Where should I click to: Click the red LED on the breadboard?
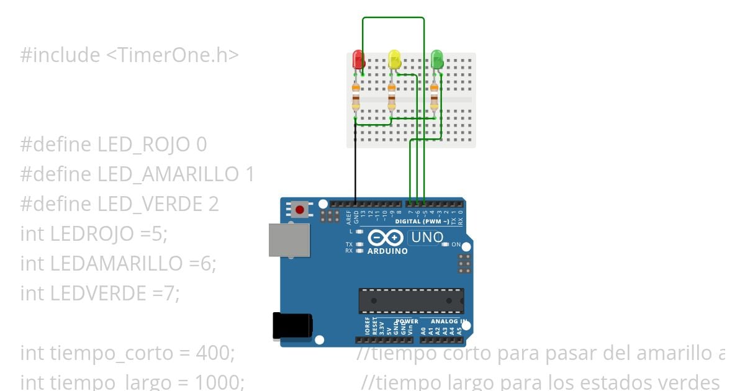click(x=358, y=60)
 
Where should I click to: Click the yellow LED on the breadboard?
click(x=394, y=60)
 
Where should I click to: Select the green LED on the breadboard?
click(x=437, y=60)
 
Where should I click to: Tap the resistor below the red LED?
click(x=356, y=99)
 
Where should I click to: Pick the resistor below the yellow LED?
click(x=392, y=99)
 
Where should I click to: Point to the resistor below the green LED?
click(x=434, y=99)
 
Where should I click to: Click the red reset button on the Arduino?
click(x=300, y=210)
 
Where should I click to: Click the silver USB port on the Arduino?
click(x=289, y=240)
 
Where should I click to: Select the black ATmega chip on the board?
click(x=411, y=301)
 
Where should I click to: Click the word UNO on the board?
click(x=427, y=238)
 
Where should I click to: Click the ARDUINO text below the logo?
click(x=387, y=251)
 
